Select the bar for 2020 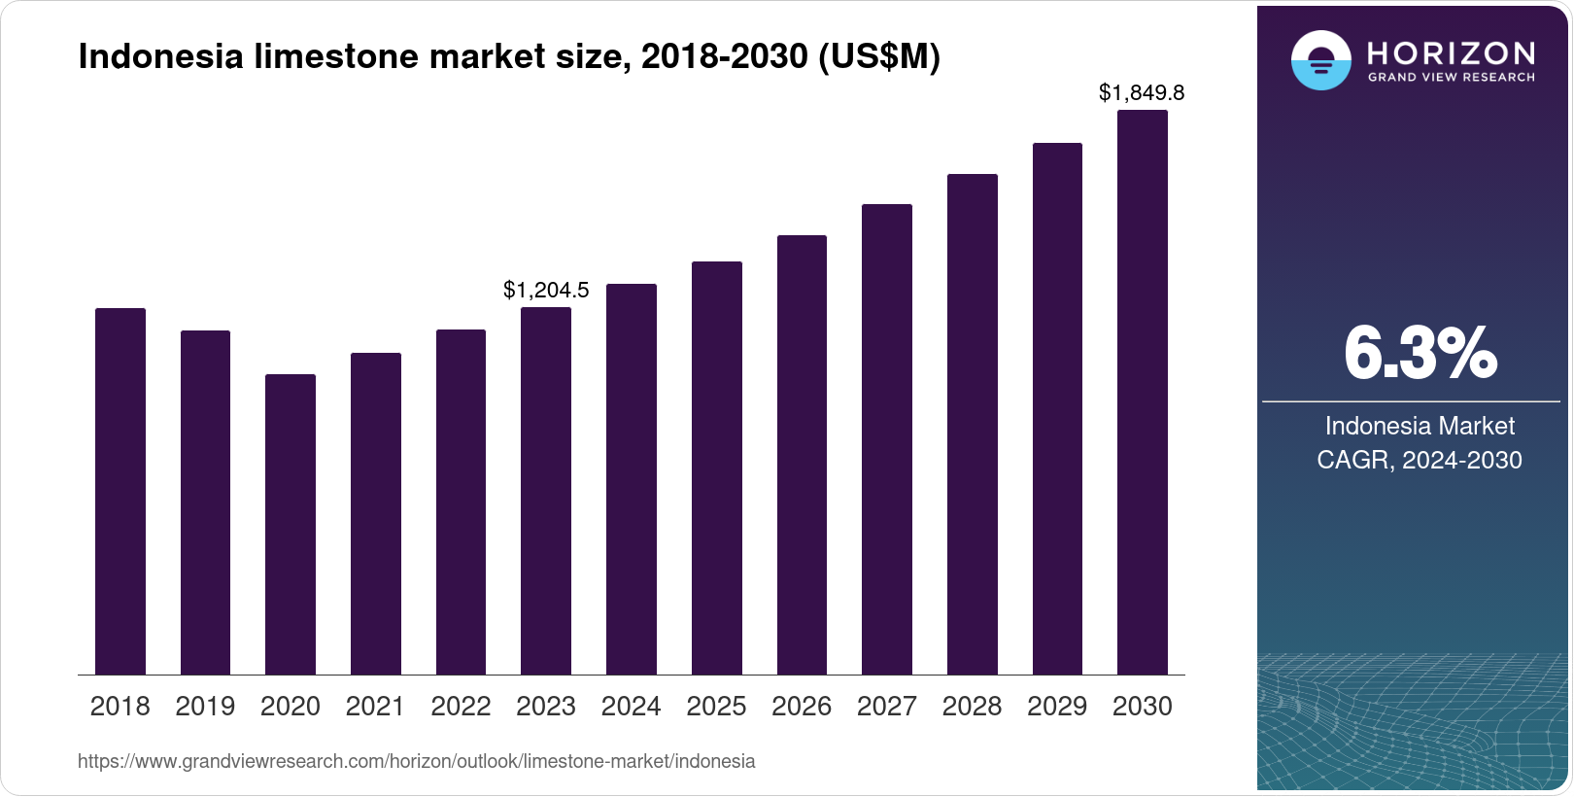pyautogui.click(x=290, y=525)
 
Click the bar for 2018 pyautogui.click(x=120, y=491)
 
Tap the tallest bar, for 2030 pyautogui.click(x=1142, y=393)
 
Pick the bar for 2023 pyautogui.click(x=545, y=491)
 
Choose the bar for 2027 pyautogui.click(x=886, y=439)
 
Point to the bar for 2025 pyautogui.click(x=716, y=468)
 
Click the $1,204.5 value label pyautogui.click(x=546, y=290)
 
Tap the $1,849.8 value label pyautogui.click(x=1141, y=92)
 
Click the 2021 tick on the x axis pyautogui.click(x=375, y=707)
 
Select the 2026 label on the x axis pyautogui.click(x=801, y=707)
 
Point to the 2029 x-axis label pyautogui.click(x=1056, y=707)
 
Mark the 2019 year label pyautogui.click(x=205, y=707)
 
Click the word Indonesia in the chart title pyautogui.click(x=160, y=57)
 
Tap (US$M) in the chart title pyautogui.click(x=879, y=57)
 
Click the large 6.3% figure pyautogui.click(x=1420, y=354)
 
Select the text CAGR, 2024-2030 pyautogui.click(x=1419, y=460)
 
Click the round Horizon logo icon pyautogui.click(x=1320, y=60)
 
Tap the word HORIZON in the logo pyautogui.click(x=1451, y=52)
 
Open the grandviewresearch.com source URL pyautogui.click(x=416, y=761)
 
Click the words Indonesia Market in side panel pyautogui.click(x=1420, y=426)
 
